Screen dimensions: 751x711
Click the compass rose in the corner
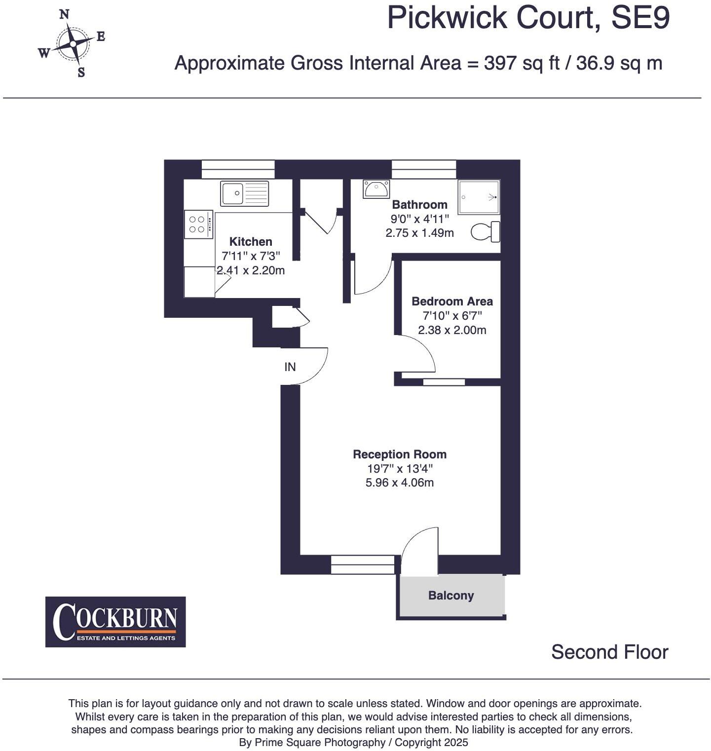point(73,44)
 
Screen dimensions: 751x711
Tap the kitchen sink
point(245,193)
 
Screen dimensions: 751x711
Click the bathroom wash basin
point(376,188)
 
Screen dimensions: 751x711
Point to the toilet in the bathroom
point(486,232)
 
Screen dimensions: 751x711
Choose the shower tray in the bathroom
point(479,197)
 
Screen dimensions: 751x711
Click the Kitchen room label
point(251,242)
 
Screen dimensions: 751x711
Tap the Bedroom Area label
point(452,301)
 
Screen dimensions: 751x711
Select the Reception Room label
point(400,454)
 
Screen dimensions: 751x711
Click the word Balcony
point(451,596)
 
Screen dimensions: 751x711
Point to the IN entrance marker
point(290,367)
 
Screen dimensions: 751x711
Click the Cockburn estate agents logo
point(115,622)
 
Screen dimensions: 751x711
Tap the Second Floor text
point(609,652)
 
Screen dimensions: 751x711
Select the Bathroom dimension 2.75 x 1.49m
point(419,233)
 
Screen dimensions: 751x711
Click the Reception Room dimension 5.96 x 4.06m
point(400,483)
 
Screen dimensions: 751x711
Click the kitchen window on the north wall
point(238,169)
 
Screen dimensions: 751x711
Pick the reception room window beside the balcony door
point(363,564)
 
